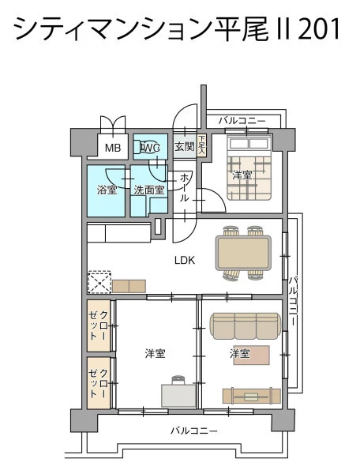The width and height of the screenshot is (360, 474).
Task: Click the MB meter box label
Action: coord(113,148)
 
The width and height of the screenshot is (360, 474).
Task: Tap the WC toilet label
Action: coord(151,148)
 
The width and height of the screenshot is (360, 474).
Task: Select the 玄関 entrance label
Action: coord(185,147)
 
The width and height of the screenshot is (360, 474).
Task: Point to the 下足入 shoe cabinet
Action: coord(201,145)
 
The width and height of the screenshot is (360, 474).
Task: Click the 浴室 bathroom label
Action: coord(107,190)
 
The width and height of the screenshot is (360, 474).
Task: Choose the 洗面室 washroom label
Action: coord(149,190)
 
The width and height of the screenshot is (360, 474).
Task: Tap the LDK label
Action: coord(185,260)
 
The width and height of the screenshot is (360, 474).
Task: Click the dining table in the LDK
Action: coord(243,253)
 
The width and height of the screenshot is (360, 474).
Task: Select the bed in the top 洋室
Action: coord(249,167)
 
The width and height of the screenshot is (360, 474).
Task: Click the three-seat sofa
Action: coord(245,325)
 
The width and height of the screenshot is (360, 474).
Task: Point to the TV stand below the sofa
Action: coord(252,396)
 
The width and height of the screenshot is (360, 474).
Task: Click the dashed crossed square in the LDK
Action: coord(99,284)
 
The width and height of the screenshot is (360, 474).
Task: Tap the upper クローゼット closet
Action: coord(99,325)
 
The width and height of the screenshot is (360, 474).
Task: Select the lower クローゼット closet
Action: coord(99,383)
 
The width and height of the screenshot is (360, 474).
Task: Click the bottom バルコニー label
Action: coord(194,431)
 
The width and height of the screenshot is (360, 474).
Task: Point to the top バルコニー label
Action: coord(242,121)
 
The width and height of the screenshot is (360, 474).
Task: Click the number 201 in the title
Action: coord(320,28)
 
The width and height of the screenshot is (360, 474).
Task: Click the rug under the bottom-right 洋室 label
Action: coord(251,355)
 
